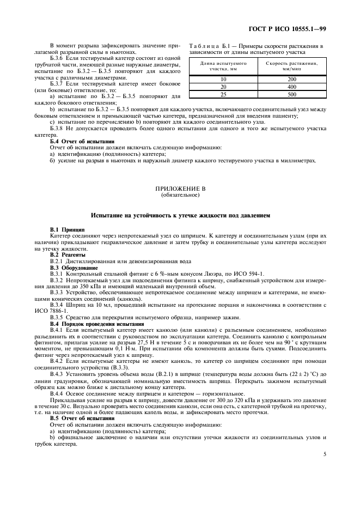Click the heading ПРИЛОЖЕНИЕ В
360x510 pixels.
coord(180,189)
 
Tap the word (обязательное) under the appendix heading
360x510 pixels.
coord(180,195)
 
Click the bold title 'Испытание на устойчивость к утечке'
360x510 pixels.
coord(180,216)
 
